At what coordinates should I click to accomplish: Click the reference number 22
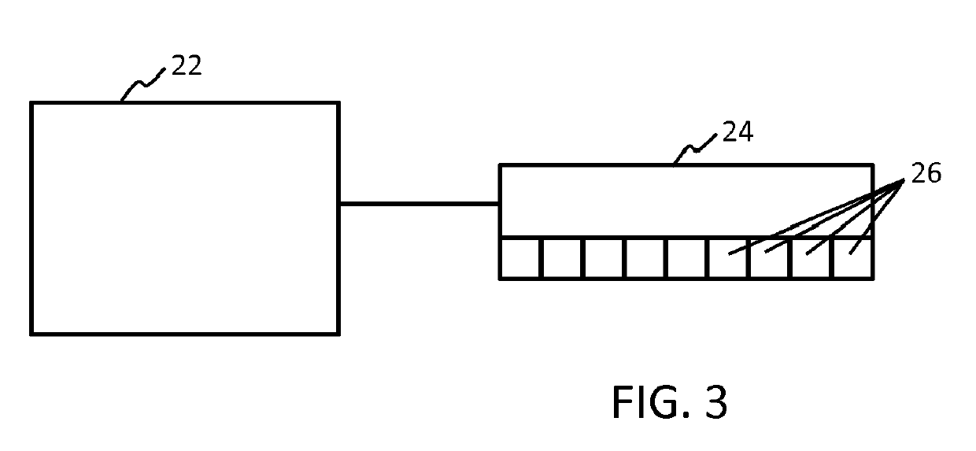tap(187, 66)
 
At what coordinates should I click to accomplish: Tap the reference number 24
tap(738, 132)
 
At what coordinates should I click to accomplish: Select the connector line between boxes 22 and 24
tap(419, 204)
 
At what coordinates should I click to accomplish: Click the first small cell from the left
tap(521, 258)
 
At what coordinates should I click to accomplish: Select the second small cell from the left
tap(563, 258)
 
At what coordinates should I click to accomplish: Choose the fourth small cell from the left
tap(645, 258)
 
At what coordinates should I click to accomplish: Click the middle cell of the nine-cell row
tap(687, 258)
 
